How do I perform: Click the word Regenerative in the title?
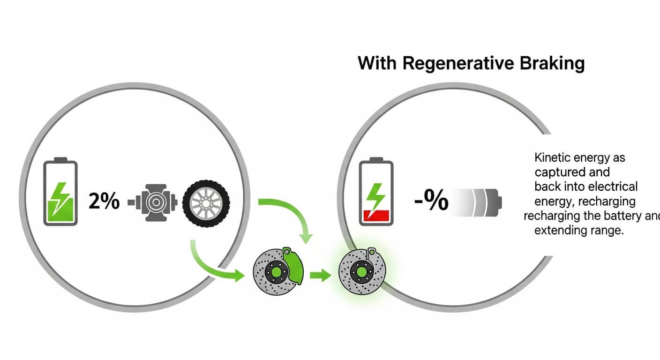tap(458, 63)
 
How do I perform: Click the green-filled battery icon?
tap(60, 192)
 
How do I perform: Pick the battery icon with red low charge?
tap(376, 193)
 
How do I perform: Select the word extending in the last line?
tap(559, 231)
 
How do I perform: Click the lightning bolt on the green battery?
tap(61, 197)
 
